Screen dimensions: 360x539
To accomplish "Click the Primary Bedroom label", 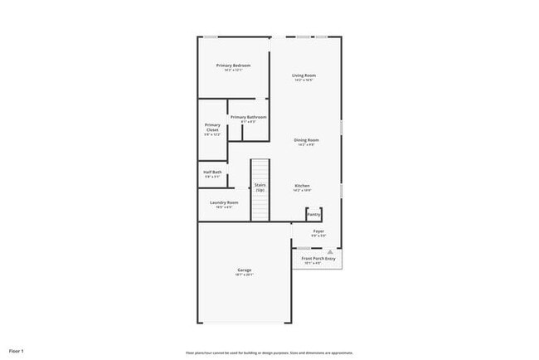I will tap(233, 65).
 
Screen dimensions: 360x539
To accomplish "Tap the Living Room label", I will tap(303, 75).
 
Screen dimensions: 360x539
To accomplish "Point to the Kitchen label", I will tap(302, 185).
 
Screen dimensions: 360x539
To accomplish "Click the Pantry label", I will tap(313, 213).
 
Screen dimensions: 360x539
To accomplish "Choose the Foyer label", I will tap(318, 231).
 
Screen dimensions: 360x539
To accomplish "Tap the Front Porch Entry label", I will tap(318, 259).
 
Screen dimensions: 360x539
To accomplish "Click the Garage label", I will tap(244, 270).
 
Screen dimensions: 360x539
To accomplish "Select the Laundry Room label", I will tap(224, 202).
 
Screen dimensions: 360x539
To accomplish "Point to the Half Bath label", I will tap(212, 172).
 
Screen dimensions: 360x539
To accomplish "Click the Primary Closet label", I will tap(212, 127).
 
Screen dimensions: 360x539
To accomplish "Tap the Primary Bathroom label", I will tap(248, 117).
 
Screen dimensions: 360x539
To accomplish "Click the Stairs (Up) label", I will tap(260, 187).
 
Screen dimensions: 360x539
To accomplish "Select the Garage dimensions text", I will tap(244, 275).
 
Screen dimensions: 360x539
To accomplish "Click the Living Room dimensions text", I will tap(303, 80).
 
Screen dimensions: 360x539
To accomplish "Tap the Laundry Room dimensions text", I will tap(224, 207).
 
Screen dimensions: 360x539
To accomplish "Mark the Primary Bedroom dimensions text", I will tap(233, 70).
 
